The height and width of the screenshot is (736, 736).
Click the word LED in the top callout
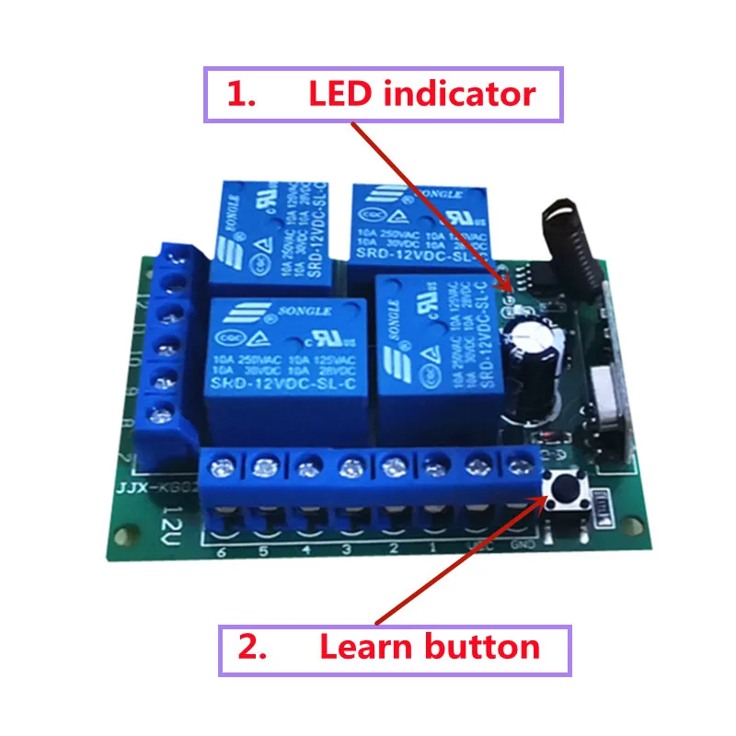(x=340, y=94)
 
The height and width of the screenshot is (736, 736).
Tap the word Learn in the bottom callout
(x=364, y=647)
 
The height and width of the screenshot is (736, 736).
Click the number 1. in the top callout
(x=241, y=95)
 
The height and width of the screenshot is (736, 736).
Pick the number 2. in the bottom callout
(x=252, y=648)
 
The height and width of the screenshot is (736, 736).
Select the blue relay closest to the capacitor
(x=440, y=354)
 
